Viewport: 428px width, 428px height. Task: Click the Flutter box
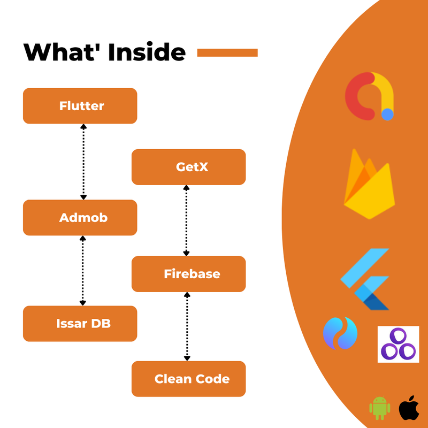click(80, 106)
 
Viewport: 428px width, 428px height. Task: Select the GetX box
click(188, 167)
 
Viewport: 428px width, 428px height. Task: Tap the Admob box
click(80, 218)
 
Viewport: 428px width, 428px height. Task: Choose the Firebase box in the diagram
click(188, 274)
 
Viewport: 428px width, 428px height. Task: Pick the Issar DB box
click(80, 323)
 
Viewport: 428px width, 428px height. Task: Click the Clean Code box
click(188, 379)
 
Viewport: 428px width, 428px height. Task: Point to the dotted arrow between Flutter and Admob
click(83, 162)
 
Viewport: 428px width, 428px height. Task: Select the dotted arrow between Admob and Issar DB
click(82, 270)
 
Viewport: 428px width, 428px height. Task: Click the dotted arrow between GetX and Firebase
click(186, 220)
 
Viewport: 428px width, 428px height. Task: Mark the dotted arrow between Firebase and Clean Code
click(187, 326)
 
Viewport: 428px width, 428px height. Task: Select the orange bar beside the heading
click(227, 52)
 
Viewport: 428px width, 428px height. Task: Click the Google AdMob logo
click(369, 97)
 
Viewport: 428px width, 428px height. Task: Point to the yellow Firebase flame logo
click(369, 185)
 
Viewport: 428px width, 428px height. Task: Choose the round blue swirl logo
click(340, 333)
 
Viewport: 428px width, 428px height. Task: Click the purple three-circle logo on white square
click(398, 345)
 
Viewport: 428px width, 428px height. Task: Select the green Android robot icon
click(379, 408)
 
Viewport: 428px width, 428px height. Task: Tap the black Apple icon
click(409, 408)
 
